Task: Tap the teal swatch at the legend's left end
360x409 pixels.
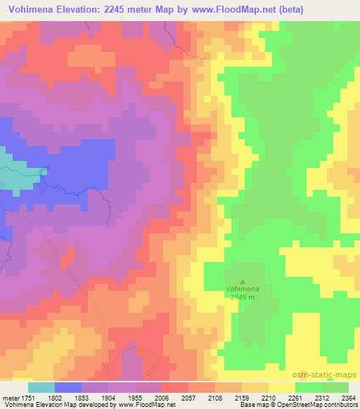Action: pyautogui.click(x=41, y=387)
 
